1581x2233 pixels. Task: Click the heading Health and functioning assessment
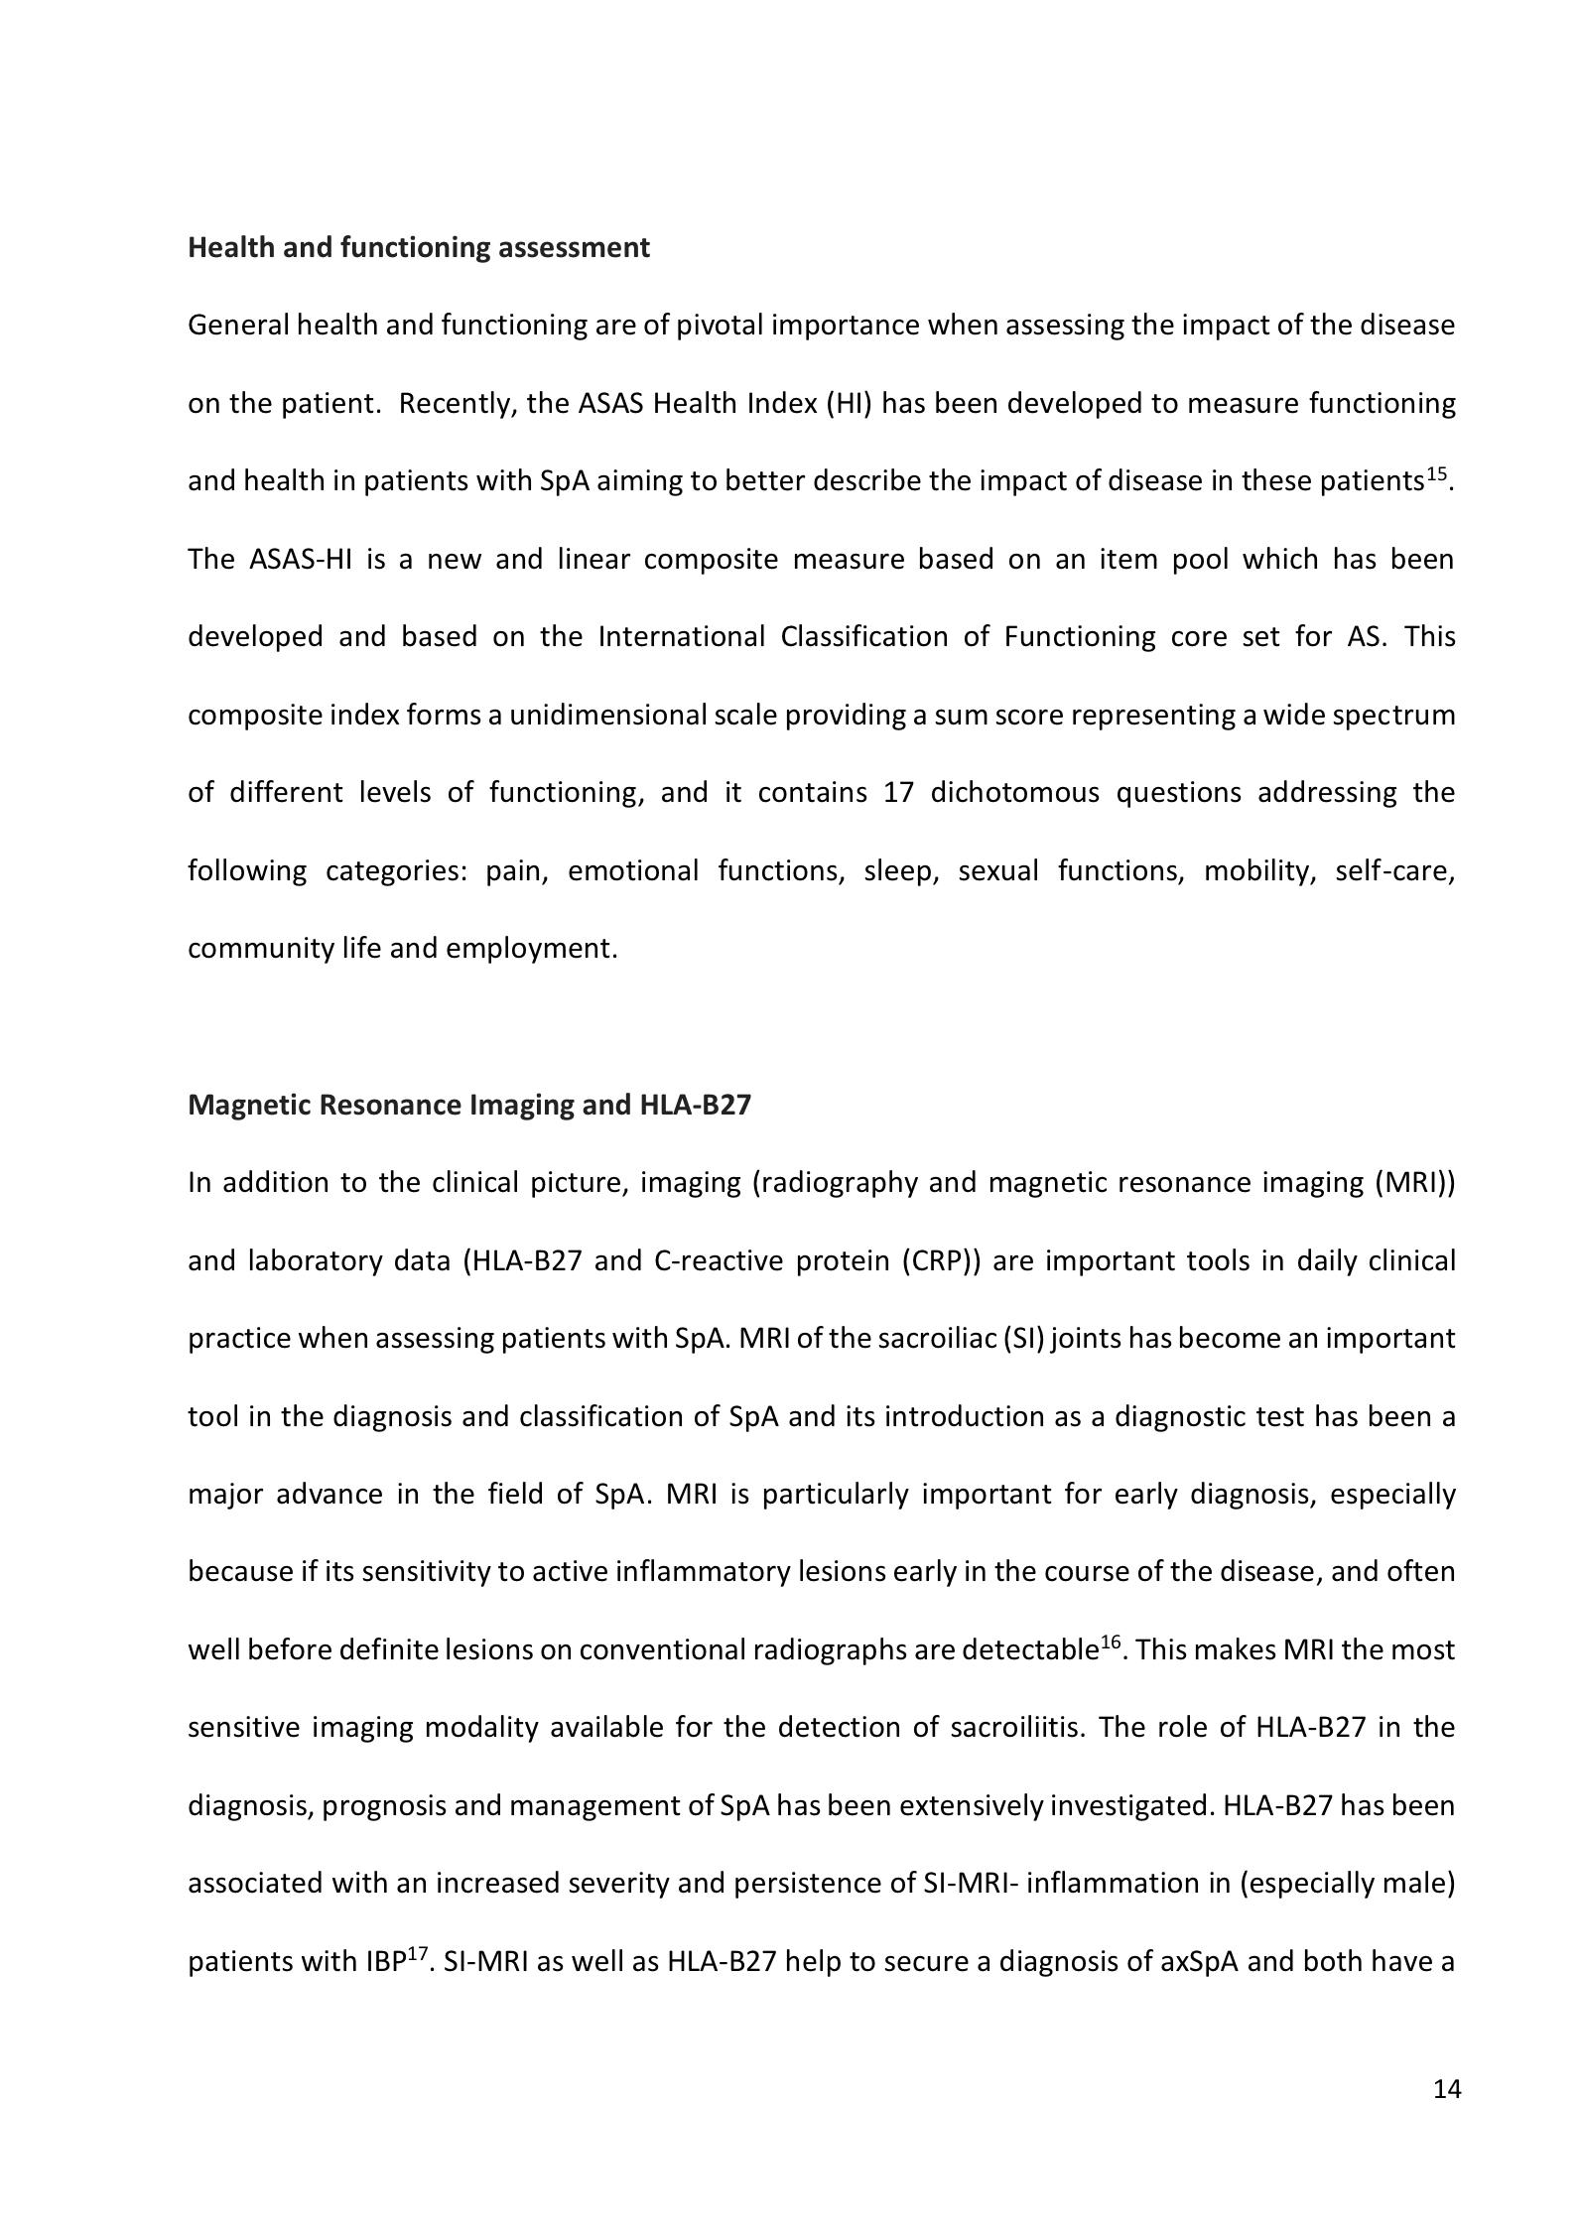[418, 247]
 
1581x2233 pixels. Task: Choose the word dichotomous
[1014, 793]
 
